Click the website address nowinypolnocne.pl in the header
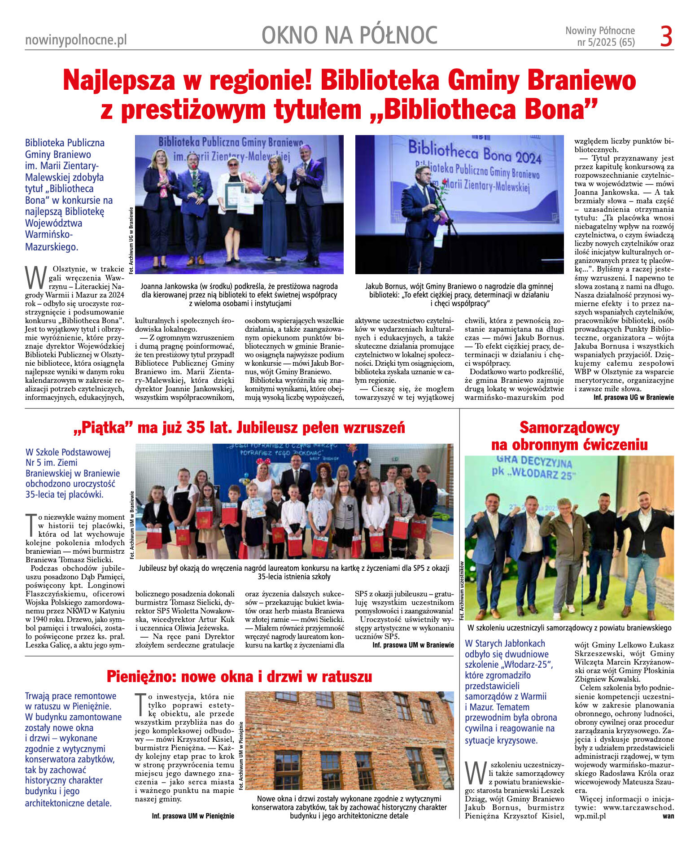[76, 40]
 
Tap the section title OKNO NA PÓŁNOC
[349, 35]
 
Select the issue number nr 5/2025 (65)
[606, 43]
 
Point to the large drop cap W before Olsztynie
[36, 278]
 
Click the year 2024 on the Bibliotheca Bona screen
[529, 158]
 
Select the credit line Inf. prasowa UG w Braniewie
[633, 398]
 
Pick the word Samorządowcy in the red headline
[569, 428]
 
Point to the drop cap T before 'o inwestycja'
[140, 703]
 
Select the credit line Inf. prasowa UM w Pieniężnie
[193, 816]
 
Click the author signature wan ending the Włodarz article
[668, 816]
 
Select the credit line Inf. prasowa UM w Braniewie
[413, 645]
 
